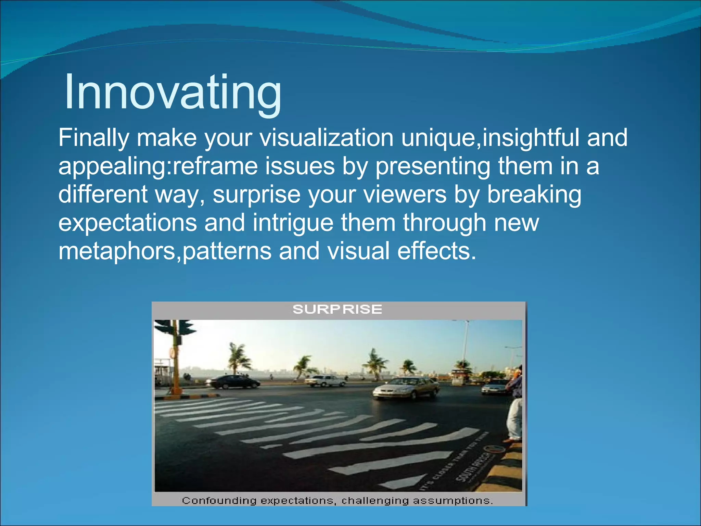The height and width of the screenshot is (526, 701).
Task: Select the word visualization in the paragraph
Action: coord(327,138)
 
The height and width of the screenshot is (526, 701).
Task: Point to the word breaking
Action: coord(534,195)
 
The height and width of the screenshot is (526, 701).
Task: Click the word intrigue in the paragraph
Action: coord(293,223)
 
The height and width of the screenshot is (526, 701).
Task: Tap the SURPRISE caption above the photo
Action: coord(337,310)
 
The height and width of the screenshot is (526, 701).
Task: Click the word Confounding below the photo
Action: coord(219,501)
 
